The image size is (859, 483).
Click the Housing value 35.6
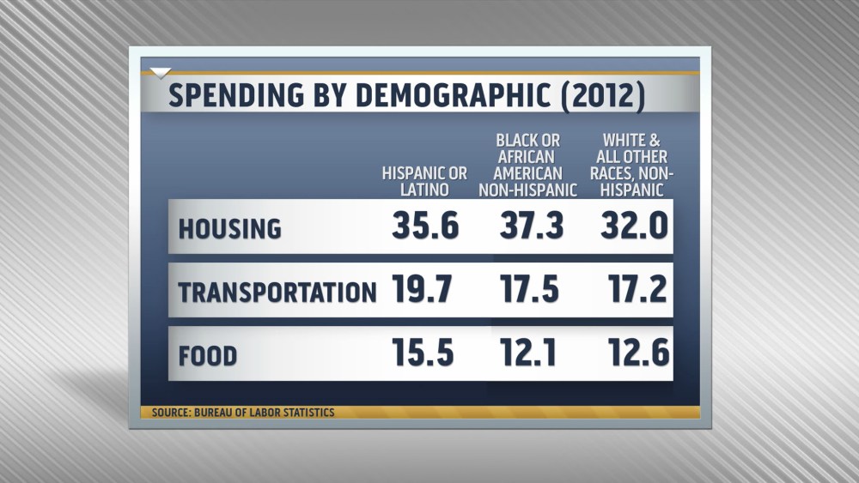pos(425,226)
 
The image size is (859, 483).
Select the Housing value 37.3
pos(532,226)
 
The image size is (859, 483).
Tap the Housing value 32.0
pos(635,226)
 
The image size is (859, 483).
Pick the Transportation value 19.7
pos(423,291)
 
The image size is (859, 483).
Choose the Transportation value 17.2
pos(637,291)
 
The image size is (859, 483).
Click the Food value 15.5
pos(423,353)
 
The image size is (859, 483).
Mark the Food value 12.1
pos(533,353)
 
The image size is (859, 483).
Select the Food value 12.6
pos(636,353)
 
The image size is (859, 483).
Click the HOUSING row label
pos(229,229)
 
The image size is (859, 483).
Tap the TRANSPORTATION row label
pos(277,293)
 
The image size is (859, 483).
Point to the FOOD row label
pos(208,355)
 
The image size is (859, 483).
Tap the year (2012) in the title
pos(601,95)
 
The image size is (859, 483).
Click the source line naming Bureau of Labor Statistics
pos(243,413)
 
